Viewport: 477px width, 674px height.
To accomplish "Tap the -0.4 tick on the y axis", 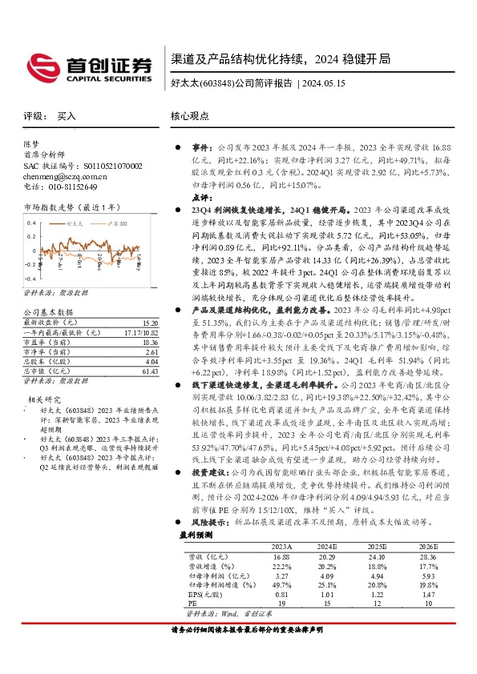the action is [x=30, y=272].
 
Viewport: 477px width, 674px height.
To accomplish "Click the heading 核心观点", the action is [x=191, y=116].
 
